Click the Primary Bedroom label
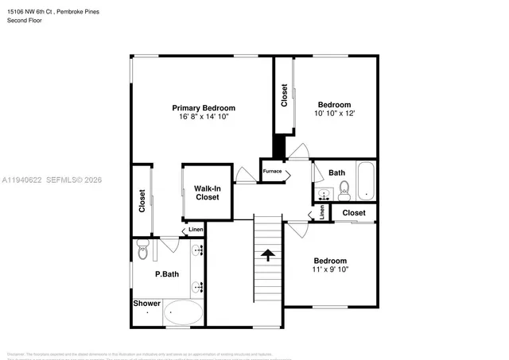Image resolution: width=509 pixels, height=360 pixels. click(204, 107)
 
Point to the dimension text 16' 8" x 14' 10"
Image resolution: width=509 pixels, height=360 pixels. click(204, 118)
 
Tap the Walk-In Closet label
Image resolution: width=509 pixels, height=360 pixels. click(207, 192)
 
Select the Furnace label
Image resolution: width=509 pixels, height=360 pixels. click(272, 171)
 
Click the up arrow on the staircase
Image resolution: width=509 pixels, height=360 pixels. click(268, 255)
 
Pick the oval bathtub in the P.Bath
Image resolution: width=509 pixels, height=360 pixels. click(184, 313)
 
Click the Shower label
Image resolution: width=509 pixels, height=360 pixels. click(147, 304)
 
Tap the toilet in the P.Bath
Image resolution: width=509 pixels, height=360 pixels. click(142, 251)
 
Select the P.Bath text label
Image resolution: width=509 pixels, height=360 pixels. click(166, 274)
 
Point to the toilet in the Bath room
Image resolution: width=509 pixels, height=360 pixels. click(344, 189)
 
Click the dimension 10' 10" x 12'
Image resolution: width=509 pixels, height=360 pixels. click(335, 114)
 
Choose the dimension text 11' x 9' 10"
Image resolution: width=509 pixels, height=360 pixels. click(329, 270)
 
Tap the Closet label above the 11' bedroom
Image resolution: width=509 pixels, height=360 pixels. click(354, 213)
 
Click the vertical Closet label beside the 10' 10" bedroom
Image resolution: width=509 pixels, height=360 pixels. click(285, 96)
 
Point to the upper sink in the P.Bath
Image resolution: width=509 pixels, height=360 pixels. click(200, 250)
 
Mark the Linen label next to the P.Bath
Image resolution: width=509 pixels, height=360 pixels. click(196, 230)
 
